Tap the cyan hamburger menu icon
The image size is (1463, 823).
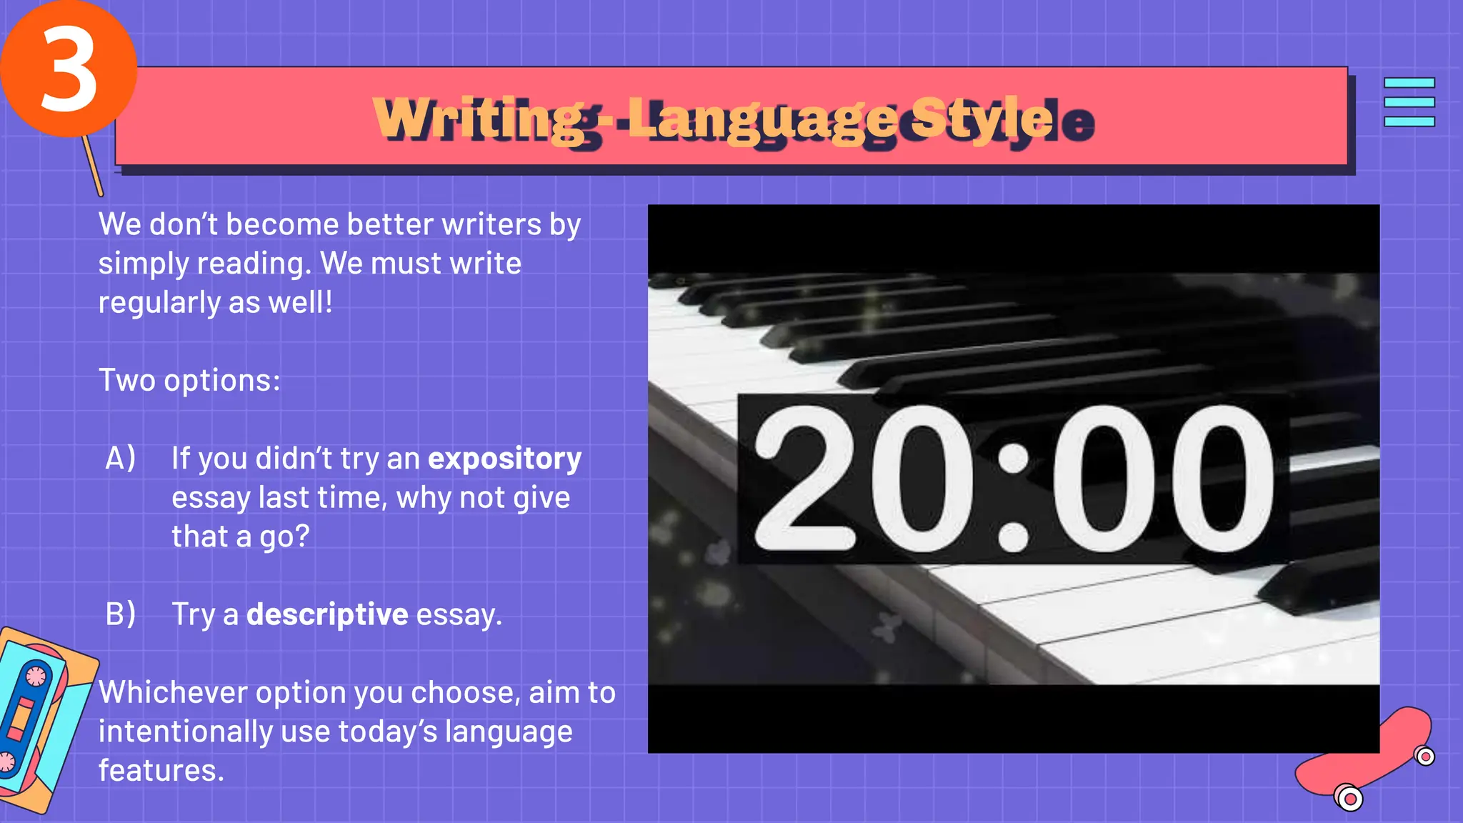[x=1409, y=102]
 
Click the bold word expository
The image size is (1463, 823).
[x=504, y=459]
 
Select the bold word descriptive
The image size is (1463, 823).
[x=327, y=614]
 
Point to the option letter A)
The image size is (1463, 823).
[x=120, y=459]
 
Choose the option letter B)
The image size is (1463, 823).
[x=120, y=614]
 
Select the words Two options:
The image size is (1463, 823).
[x=189, y=380]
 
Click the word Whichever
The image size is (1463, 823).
[x=172, y=693]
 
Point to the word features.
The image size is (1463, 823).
[x=161, y=771]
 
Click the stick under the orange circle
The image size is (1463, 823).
[x=93, y=166]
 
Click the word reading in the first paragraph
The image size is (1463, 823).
[x=253, y=264]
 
